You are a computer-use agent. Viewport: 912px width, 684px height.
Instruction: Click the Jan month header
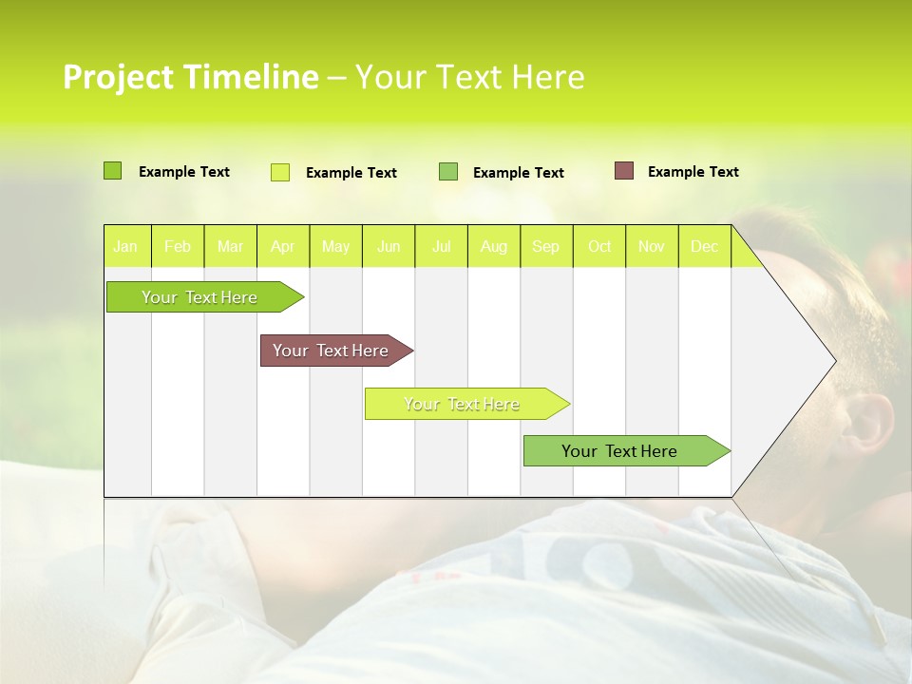125,247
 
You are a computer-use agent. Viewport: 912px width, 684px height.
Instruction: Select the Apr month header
282,247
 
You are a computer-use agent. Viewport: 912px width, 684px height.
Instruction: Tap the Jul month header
441,247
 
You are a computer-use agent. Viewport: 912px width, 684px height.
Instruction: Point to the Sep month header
545,247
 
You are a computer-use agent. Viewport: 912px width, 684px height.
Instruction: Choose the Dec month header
704,247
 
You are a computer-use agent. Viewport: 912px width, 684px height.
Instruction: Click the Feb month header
178,247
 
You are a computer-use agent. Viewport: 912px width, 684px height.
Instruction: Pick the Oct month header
599,247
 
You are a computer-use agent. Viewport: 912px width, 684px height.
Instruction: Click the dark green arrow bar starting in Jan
200,297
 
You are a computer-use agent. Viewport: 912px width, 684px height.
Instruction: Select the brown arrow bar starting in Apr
331,351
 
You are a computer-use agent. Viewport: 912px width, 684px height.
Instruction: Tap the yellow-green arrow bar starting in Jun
462,404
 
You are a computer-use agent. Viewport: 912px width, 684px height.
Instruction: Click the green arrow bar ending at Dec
619,451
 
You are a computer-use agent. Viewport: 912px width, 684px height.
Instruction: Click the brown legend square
624,171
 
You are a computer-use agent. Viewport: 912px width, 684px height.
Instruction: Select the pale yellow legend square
280,172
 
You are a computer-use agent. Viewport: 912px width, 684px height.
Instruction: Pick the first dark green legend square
113,171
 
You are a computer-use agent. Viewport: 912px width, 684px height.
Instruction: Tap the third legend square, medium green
448,172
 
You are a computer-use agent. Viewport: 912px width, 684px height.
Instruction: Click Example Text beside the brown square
693,172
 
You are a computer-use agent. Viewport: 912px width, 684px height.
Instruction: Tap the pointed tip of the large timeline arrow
834,361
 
